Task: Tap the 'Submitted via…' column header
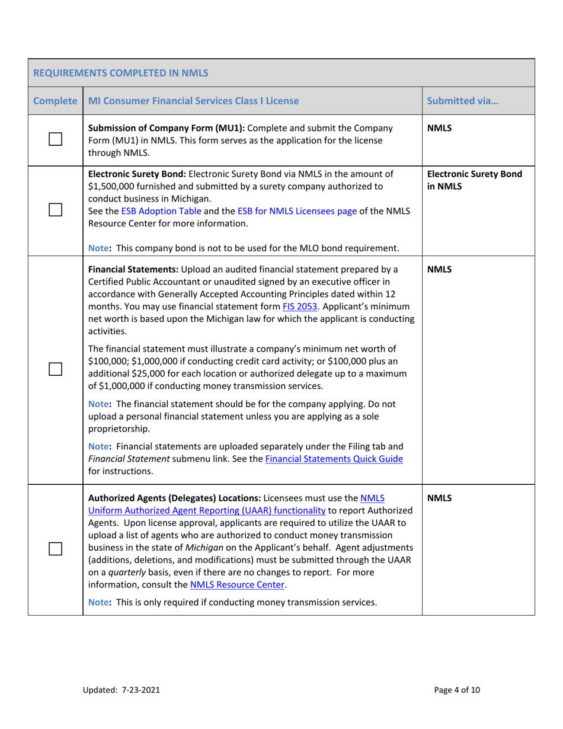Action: pyautogui.click(x=462, y=101)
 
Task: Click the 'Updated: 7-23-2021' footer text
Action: pyautogui.click(x=121, y=690)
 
